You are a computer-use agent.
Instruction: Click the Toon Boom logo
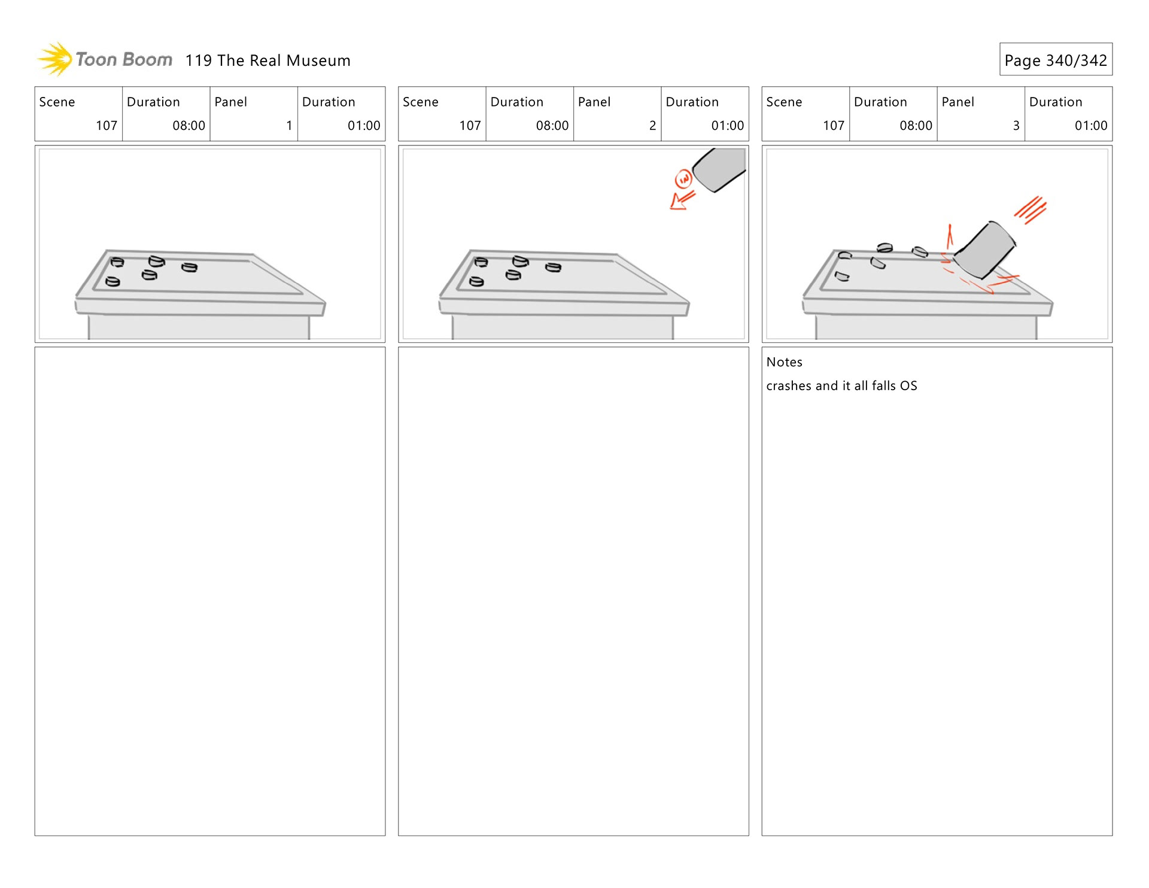[x=105, y=59]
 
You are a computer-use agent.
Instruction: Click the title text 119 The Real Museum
[x=268, y=60]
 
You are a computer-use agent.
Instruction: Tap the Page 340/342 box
[x=1055, y=60]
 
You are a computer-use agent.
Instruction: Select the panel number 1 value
[x=289, y=126]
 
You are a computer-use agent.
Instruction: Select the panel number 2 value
[x=652, y=126]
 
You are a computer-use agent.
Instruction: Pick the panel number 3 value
[x=1016, y=126]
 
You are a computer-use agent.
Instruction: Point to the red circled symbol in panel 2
[x=683, y=179]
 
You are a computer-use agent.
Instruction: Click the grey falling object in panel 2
[x=721, y=169]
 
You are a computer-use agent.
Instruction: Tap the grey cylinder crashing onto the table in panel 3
[x=984, y=250]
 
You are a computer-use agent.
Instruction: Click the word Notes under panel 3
[x=784, y=362]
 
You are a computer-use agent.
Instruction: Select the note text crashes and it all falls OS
[x=841, y=386]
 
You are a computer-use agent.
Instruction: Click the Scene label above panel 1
[x=57, y=102]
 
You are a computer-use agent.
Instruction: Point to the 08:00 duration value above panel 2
[x=552, y=126]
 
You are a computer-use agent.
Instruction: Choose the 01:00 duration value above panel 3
[x=1090, y=126]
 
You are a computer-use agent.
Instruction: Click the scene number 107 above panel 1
[x=107, y=126]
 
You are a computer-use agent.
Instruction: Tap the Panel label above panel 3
[x=957, y=102]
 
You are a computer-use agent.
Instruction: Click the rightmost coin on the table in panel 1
[x=190, y=267]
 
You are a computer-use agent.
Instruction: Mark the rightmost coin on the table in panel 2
[x=554, y=267]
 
